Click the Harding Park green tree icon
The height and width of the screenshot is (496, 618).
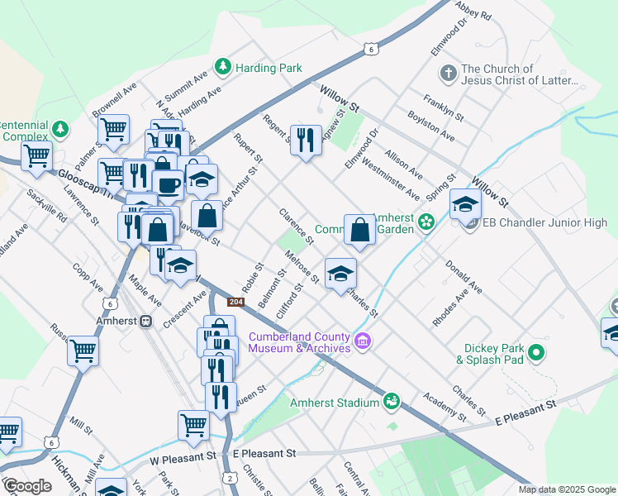click(222, 66)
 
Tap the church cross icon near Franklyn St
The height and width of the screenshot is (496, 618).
click(448, 74)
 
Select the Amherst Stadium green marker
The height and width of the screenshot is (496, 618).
click(392, 402)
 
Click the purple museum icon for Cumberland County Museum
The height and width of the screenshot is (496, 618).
click(361, 341)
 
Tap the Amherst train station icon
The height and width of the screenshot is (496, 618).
click(146, 322)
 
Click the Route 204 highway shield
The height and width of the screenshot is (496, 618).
click(235, 303)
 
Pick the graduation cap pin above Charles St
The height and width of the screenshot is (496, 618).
click(340, 274)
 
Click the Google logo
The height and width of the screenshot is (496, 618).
click(26, 486)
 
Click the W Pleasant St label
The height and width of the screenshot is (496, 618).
click(183, 455)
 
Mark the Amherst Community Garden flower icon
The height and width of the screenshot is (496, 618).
click(426, 222)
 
